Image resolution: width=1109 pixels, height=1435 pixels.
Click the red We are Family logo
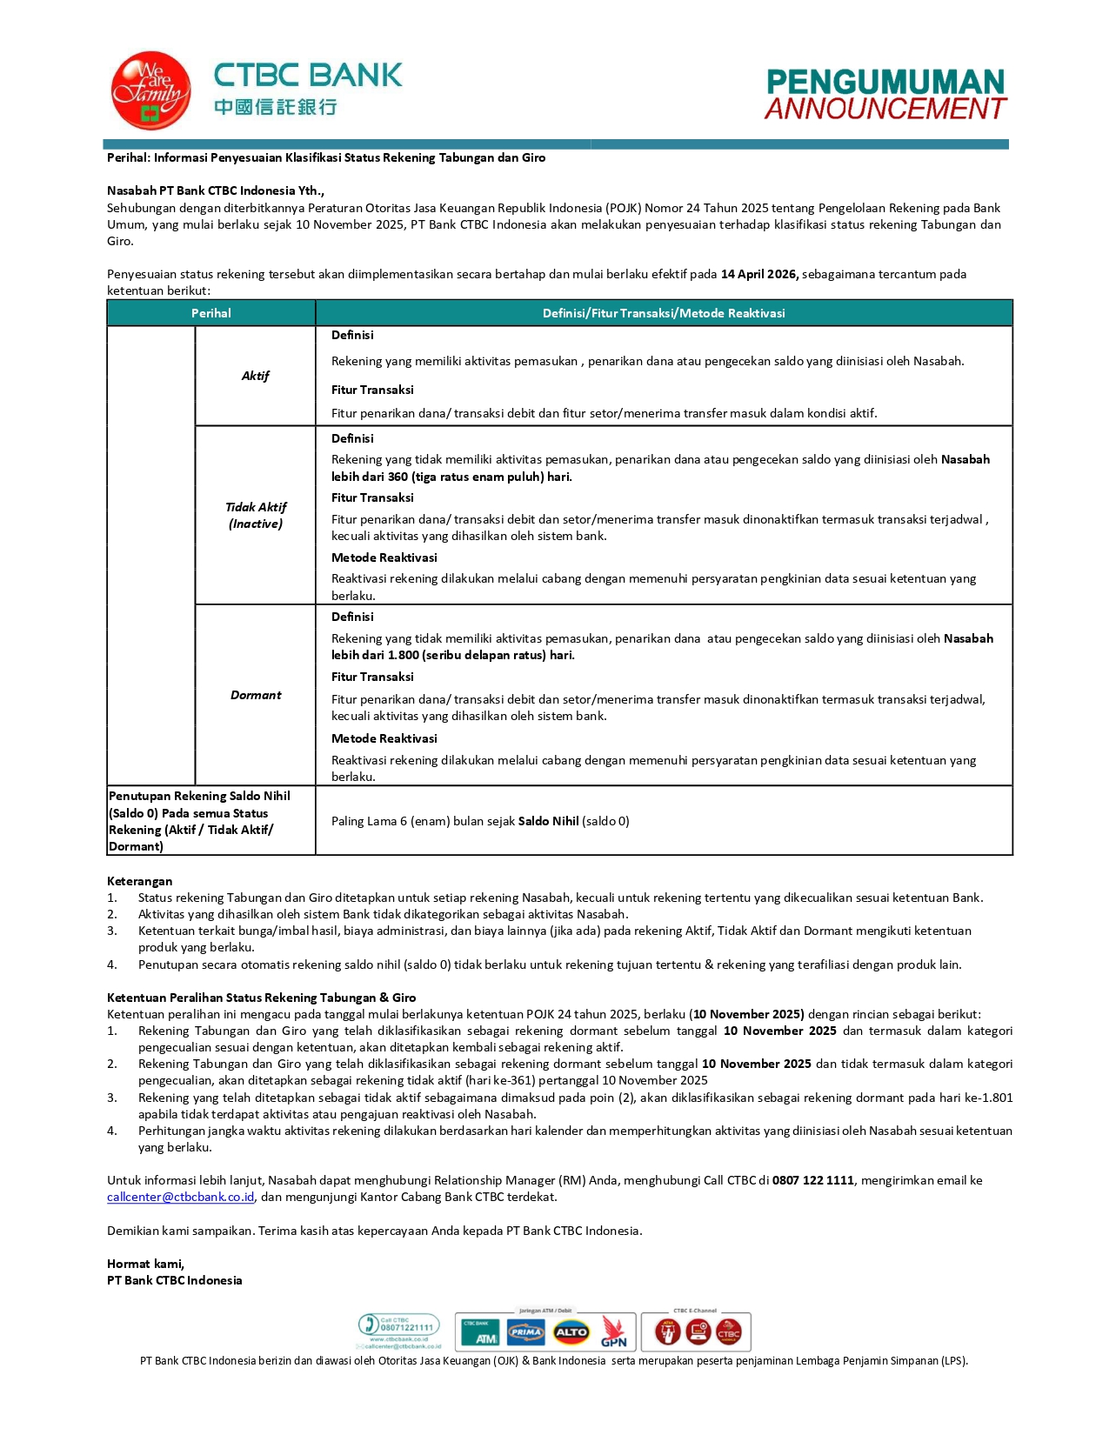coord(150,90)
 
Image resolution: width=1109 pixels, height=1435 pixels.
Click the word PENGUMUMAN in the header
coord(885,83)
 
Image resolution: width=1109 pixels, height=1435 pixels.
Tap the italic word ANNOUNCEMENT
coord(885,110)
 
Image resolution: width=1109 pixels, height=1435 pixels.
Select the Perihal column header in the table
coord(211,313)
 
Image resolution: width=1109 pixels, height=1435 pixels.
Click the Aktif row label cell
coord(256,376)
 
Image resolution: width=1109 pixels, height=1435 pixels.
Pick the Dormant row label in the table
coord(256,695)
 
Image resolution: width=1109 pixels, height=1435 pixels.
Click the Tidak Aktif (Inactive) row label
coord(256,515)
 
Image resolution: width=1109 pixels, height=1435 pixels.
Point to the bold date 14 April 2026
coord(759,274)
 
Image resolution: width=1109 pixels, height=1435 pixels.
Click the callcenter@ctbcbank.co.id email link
coord(181,1197)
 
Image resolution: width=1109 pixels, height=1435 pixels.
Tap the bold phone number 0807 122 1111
coord(812,1180)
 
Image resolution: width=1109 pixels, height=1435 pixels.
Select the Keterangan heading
coord(139,881)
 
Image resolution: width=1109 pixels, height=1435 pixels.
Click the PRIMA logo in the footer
coord(526,1332)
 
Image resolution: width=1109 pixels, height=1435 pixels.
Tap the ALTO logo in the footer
coord(571,1332)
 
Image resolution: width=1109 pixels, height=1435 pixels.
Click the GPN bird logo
coord(613,1332)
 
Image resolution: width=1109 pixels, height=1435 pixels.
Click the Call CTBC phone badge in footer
coord(399,1328)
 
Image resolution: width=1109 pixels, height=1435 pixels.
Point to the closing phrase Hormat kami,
coord(145,1264)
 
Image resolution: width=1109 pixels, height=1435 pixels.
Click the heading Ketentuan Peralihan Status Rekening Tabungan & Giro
coord(261,998)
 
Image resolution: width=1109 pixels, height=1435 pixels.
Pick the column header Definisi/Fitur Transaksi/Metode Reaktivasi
coord(664,313)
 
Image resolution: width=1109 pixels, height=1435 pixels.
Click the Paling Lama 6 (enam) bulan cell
coord(480,821)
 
